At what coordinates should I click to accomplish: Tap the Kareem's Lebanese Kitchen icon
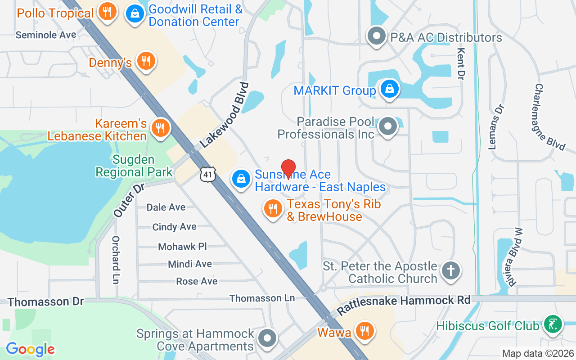[x=159, y=128]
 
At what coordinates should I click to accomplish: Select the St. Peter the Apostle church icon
[x=451, y=271]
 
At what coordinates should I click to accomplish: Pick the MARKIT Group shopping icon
[x=388, y=89]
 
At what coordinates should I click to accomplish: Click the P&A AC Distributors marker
[x=377, y=36]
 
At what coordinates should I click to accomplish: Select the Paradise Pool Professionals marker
[x=388, y=127]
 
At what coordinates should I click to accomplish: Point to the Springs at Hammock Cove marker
[x=268, y=338]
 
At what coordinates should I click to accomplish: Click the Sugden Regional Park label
[x=134, y=166]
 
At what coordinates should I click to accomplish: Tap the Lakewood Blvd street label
[x=225, y=115]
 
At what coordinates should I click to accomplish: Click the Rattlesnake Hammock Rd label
[x=404, y=305]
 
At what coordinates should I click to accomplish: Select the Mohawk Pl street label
[x=182, y=247]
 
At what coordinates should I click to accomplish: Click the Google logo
[x=30, y=349]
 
